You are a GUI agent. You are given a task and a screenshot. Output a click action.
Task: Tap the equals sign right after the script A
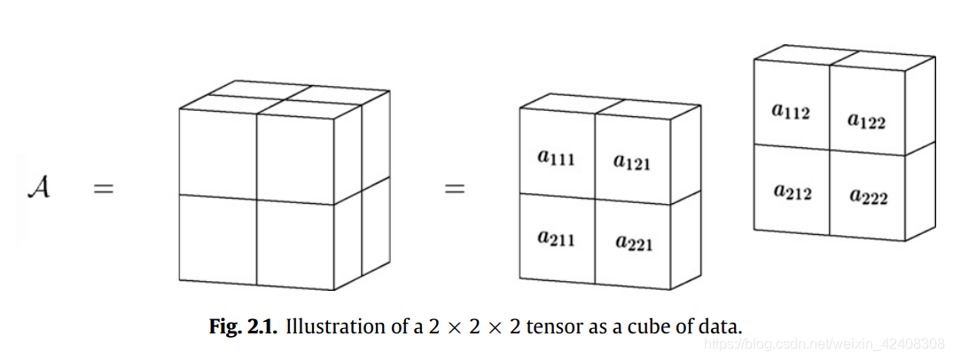(105, 189)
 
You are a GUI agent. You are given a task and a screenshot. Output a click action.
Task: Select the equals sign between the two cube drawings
(454, 189)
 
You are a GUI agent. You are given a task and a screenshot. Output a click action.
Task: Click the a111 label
(556, 159)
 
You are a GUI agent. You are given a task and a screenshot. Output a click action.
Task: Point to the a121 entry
(632, 162)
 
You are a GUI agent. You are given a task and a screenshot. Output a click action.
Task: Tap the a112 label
(791, 112)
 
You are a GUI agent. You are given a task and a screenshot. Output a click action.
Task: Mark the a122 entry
(866, 121)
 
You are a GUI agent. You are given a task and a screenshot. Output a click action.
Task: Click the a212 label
(792, 192)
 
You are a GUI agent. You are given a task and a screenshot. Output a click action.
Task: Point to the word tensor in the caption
(551, 326)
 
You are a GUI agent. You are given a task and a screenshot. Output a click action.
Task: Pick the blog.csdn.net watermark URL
(851, 343)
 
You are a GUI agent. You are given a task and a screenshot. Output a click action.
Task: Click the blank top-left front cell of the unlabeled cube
(218, 152)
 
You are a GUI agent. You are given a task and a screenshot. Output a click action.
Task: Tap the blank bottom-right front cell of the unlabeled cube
(295, 246)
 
